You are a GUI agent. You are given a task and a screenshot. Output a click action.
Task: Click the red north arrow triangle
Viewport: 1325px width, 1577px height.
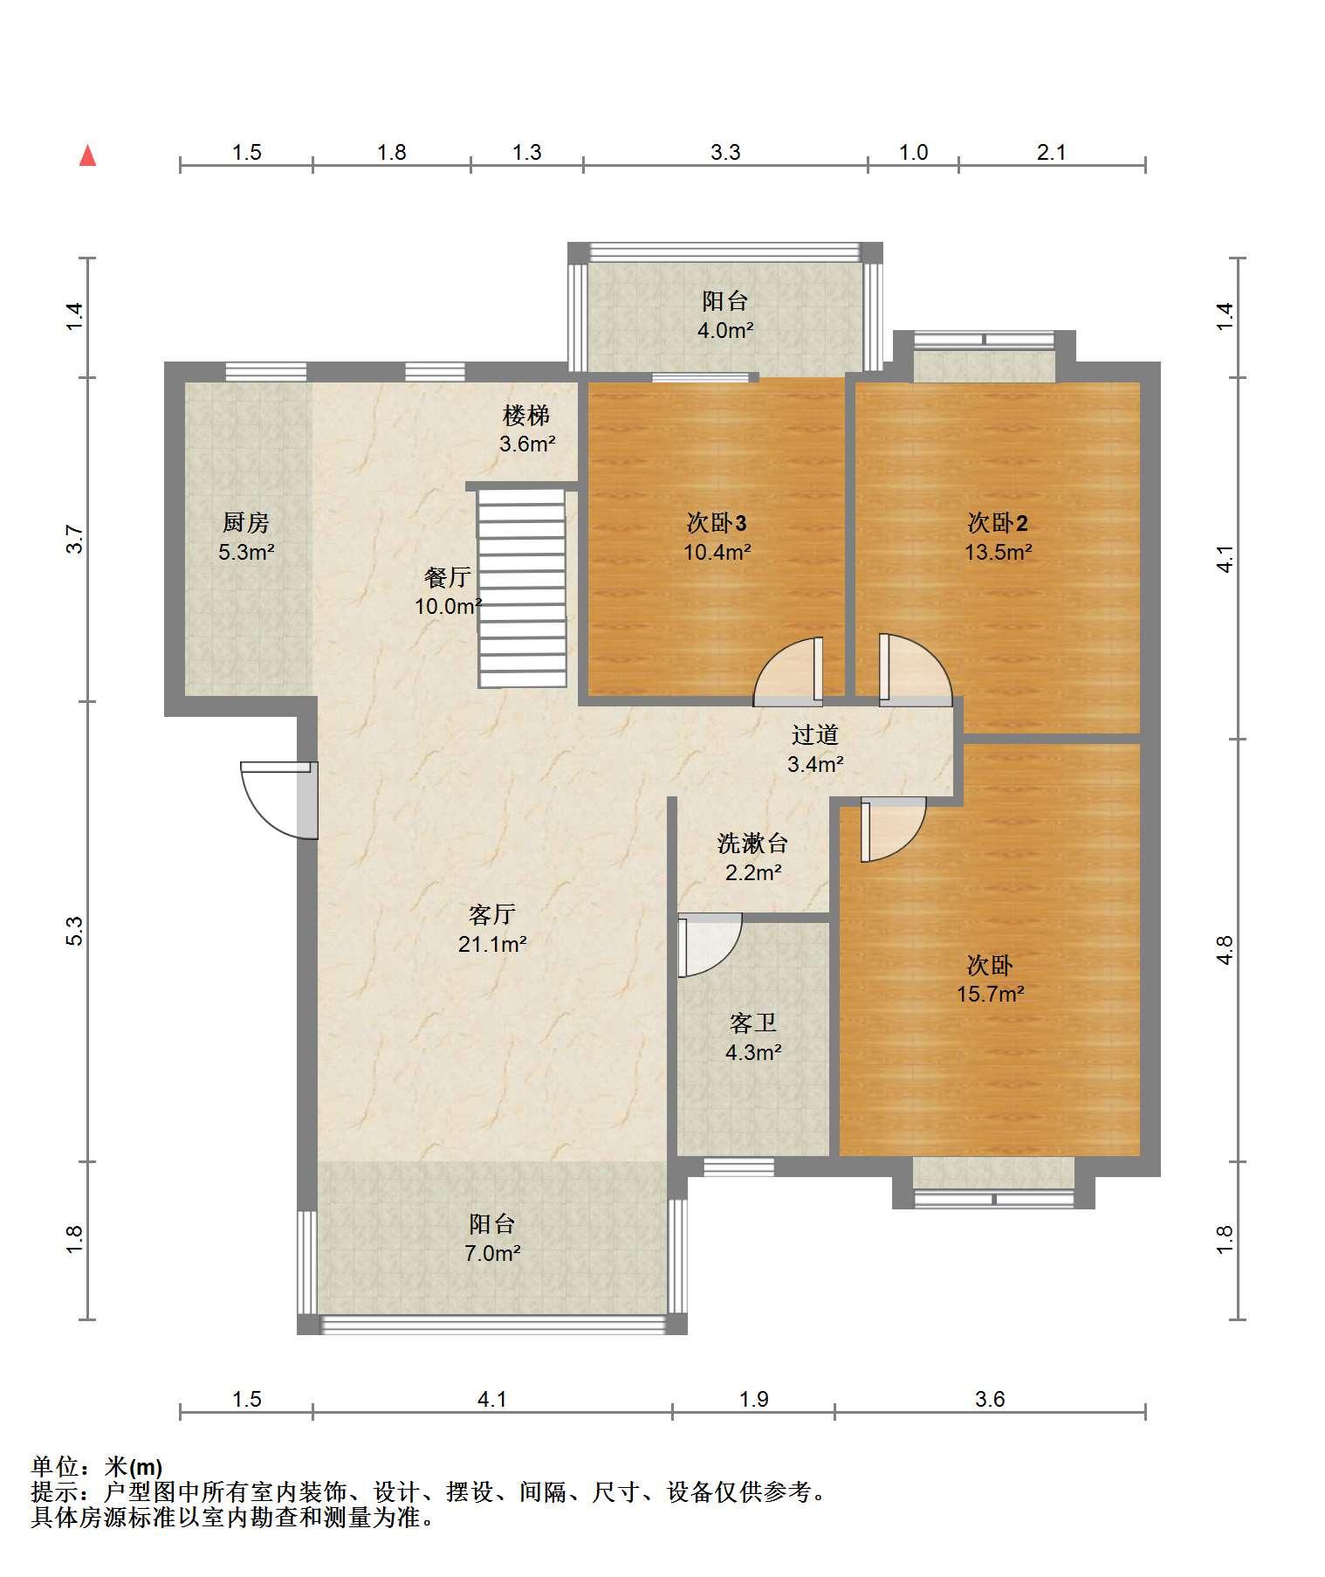pyautogui.click(x=87, y=155)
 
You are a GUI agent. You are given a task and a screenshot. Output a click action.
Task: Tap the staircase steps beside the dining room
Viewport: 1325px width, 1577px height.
pyautogui.click(x=522, y=588)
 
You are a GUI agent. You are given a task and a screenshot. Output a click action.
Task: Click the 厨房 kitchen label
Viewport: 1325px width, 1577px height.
pyautogui.click(x=245, y=523)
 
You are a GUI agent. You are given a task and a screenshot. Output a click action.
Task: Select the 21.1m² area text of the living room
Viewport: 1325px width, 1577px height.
pyautogui.click(x=492, y=944)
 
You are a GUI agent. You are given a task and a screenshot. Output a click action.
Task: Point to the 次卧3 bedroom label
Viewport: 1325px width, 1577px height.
pyautogui.click(x=716, y=523)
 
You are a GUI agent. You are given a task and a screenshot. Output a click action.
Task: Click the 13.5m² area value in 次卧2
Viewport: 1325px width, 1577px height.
pyautogui.click(x=998, y=552)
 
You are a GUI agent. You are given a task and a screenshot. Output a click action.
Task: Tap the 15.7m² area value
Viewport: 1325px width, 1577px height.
pyautogui.click(x=990, y=994)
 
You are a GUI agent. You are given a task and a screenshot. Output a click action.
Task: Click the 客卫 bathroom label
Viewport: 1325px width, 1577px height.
pyautogui.click(x=753, y=1023)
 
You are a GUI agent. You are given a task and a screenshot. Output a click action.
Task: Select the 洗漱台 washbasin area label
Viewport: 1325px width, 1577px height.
pyautogui.click(x=752, y=843)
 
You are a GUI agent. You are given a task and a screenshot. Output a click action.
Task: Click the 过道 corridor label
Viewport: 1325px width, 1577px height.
pyautogui.click(x=814, y=735)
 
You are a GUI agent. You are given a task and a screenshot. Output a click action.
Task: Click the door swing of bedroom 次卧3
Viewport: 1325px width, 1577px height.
pyautogui.click(x=788, y=671)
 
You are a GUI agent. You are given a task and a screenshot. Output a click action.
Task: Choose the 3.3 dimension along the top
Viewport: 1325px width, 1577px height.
pyautogui.click(x=724, y=153)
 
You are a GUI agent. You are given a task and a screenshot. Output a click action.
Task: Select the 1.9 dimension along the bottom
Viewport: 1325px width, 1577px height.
pyautogui.click(x=753, y=1400)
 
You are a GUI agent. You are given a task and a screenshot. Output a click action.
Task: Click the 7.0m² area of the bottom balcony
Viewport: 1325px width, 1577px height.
pyautogui.click(x=492, y=1253)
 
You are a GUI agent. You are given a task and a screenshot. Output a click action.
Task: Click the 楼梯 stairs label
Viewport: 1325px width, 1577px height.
pyautogui.click(x=526, y=415)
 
